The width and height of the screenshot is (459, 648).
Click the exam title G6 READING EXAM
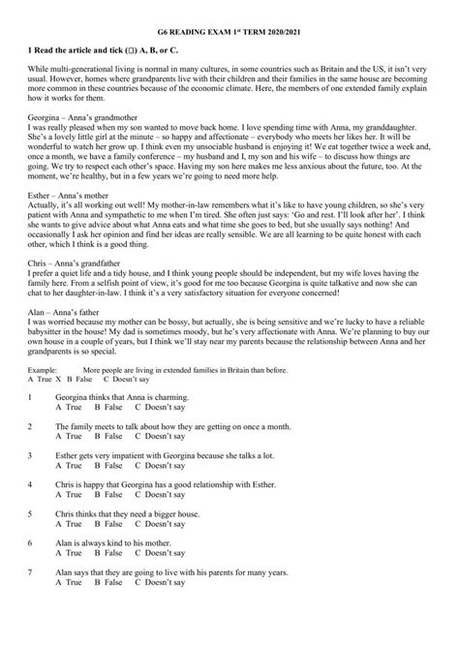(229, 14)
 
